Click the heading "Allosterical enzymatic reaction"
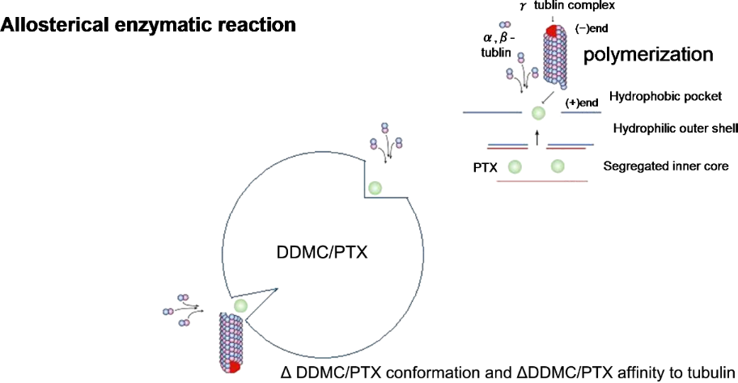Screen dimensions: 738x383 click(148, 25)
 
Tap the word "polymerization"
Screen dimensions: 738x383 click(648, 55)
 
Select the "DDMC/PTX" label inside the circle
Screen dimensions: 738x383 click(322, 253)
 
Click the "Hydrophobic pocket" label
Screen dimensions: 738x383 click(665, 97)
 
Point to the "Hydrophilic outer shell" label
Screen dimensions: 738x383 click(676, 128)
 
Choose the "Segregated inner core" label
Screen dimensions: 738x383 click(665, 166)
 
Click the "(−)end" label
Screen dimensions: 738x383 click(592, 28)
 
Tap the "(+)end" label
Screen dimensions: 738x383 click(582, 103)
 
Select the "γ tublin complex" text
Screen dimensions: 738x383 click(567, 6)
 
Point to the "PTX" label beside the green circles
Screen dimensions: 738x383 click(486, 167)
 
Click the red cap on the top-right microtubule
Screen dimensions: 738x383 click(551, 31)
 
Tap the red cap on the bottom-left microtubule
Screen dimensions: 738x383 click(234, 367)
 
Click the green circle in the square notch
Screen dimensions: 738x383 click(375, 188)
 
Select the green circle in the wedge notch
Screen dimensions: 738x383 click(240, 305)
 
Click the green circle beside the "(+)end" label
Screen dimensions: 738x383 click(538, 113)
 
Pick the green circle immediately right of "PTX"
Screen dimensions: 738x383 click(515, 166)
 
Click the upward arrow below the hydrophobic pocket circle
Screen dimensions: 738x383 click(537, 138)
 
